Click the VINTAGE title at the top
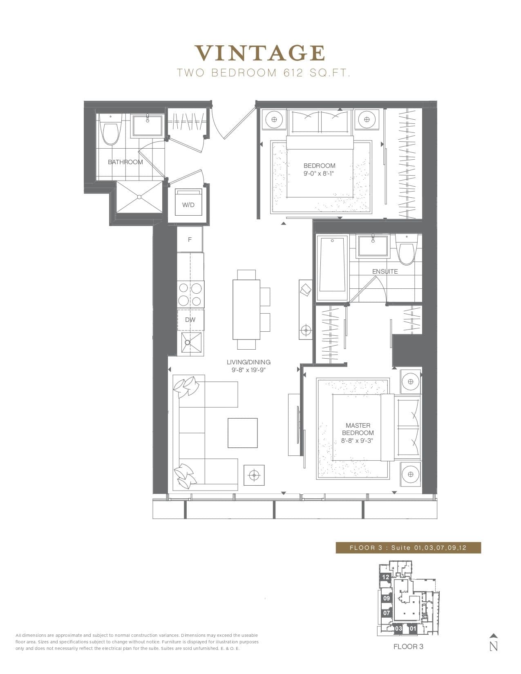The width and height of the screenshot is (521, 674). [x=260, y=53]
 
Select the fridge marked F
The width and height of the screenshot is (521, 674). [x=190, y=240]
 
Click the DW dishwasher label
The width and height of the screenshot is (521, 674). [x=190, y=319]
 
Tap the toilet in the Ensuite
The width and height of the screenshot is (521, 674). [x=407, y=250]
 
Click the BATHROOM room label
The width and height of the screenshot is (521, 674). [x=125, y=162]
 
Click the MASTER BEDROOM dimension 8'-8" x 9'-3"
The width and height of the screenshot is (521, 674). [x=357, y=441]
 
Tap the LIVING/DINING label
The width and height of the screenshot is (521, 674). [x=248, y=362]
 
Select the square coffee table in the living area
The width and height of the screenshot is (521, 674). [x=243, y=433]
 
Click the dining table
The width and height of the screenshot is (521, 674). [x=246, y=309]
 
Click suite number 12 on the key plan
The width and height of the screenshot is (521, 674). [x=386, y=577]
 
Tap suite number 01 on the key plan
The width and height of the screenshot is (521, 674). [x=413, y=629]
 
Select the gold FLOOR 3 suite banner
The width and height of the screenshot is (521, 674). [x=408, y=548]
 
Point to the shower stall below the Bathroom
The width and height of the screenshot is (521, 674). [x=139, y=197]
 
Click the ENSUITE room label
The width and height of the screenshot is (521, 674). [x=385, y=271]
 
